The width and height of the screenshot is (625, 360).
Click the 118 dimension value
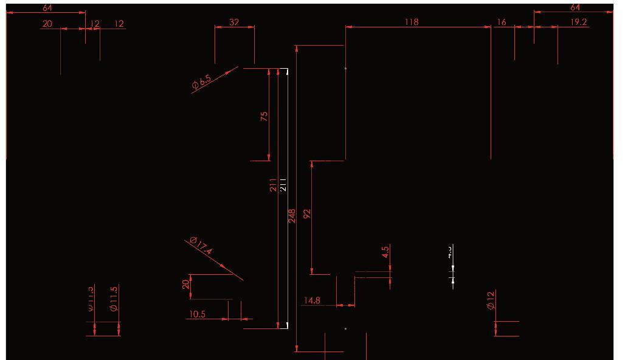pyautogui.click(x=412, y=22)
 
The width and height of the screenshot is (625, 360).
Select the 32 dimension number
pyautogui.click(x=234, y=22)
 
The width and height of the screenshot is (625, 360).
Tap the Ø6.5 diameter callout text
pyautogui.click(x=201, y=82)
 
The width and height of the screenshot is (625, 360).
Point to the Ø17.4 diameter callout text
pyautogui.click(x=201, y=246)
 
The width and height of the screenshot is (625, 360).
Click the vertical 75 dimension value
pyautogui.click(x=264, y=116)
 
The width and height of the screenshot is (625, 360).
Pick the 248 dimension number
pyautogui.click(x=292, y=216)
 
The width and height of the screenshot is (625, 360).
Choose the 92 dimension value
pyautogui.click(x=307, y=213)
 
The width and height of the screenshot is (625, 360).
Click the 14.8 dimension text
pyautogui.click(x=312, y=300)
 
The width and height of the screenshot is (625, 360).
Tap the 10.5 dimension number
pyautogui.click(x=197, y=314)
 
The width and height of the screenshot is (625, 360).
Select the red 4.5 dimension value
pyautogui.click(x=385, y=252)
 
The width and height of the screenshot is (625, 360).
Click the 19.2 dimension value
pyautogui.click(x=579, y=22)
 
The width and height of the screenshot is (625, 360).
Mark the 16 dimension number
pyautogui.click(x=502, y=22)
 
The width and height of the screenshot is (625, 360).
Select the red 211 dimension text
pyautogui.click(x=274, y=185)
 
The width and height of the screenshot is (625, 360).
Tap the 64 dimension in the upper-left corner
pyautogui.click(x=47, y=8)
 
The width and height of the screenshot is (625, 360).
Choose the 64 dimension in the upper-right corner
pyautogui.click(x=575, y=7)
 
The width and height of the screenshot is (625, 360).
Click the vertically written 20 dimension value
pyautogui.click(x=186, y=284)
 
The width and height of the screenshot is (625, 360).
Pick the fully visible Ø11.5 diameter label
pyautogui.click(x=114, y=299)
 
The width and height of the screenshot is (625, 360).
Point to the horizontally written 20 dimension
pyautogui.click(x=47, y=24)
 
